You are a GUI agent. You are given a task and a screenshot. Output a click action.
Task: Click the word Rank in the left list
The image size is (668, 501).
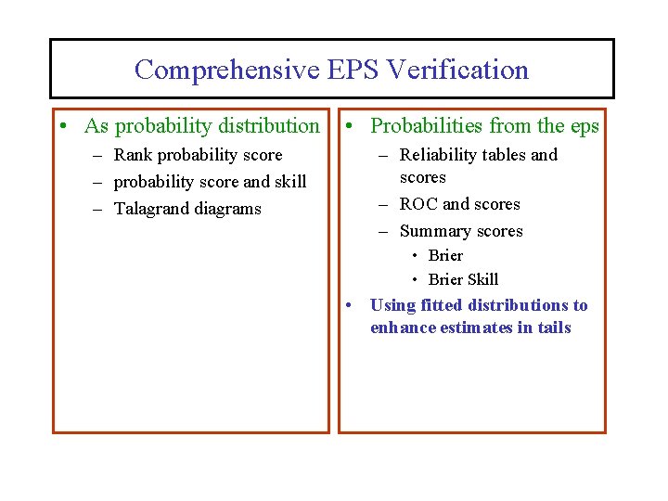133,155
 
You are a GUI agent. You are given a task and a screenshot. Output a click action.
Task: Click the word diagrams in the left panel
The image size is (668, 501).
230,209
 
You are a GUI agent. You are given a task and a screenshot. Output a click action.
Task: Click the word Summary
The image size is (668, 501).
434,231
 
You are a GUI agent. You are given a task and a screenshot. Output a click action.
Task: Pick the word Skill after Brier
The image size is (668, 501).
482,279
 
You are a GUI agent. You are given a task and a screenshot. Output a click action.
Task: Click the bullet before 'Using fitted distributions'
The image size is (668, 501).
348,305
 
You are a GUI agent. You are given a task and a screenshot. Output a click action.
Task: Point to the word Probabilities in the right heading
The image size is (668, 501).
426,126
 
